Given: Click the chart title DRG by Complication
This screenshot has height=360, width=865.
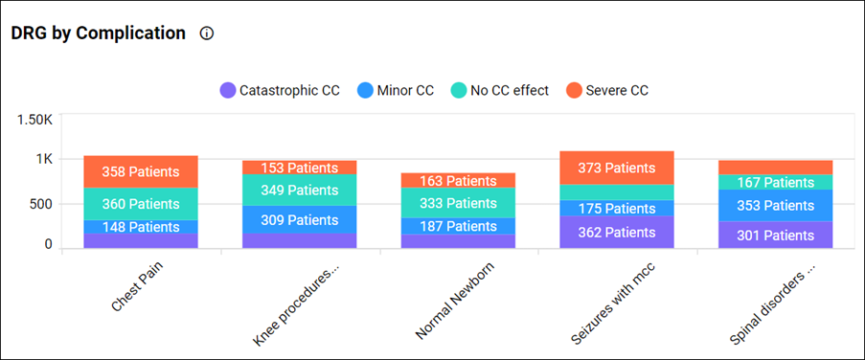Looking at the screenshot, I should pyautogui.click(x=98, y=33).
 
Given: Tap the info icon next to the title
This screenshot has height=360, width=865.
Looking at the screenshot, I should pyautogui.click(x=207, y=34).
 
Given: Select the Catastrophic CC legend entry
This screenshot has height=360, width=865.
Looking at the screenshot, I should pyautogui.click(x=280, y=91).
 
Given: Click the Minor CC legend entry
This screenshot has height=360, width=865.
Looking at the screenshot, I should pyautogui.click(x=396, y=91).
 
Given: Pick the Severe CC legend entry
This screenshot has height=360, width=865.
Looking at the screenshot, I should pyautogui.click(x=607, y=91).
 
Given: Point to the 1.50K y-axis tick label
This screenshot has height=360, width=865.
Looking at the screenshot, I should pyautogui.click(x=34, y=120).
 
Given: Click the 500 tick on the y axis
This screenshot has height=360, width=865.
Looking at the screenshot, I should pyautogui.click(x=40, y=204).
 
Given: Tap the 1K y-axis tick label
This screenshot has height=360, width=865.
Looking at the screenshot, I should pyautogui.click(x=44, y=160).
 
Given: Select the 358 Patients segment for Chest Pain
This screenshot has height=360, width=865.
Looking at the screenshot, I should pyautogui.click(x=141, y=172).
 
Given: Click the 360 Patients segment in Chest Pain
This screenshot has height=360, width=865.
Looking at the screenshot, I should pyautogui.click(x=141, y=204).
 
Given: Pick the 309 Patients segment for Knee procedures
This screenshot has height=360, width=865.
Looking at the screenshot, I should pyautogui.click(x=300, y=220).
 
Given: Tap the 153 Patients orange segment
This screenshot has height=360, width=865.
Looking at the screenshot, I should pyautogui.click(x=300, y=168).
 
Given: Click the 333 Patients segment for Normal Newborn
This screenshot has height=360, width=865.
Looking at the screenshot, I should pyautogui.click(x=458, y=203).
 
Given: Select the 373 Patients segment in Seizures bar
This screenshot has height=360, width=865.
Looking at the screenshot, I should pyautogui.click(x=617, y=168).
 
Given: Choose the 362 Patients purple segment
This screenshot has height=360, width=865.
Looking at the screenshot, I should pyautogui.click(x=617, y=233).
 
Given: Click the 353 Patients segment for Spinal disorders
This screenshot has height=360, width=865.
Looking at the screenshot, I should pyautogui.click(x=776, y=205).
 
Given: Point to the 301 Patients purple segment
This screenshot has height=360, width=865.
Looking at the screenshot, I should pyautogui.click(x=776, y=236).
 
